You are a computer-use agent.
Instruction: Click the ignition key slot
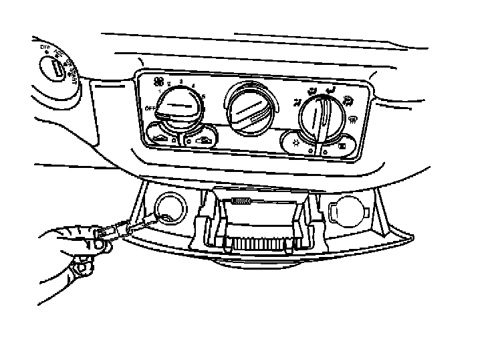[57, 67]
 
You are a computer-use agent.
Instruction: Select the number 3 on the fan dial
[181, 80]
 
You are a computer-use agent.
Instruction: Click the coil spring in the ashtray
[239, 201]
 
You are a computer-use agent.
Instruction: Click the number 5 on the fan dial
[203, 98]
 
